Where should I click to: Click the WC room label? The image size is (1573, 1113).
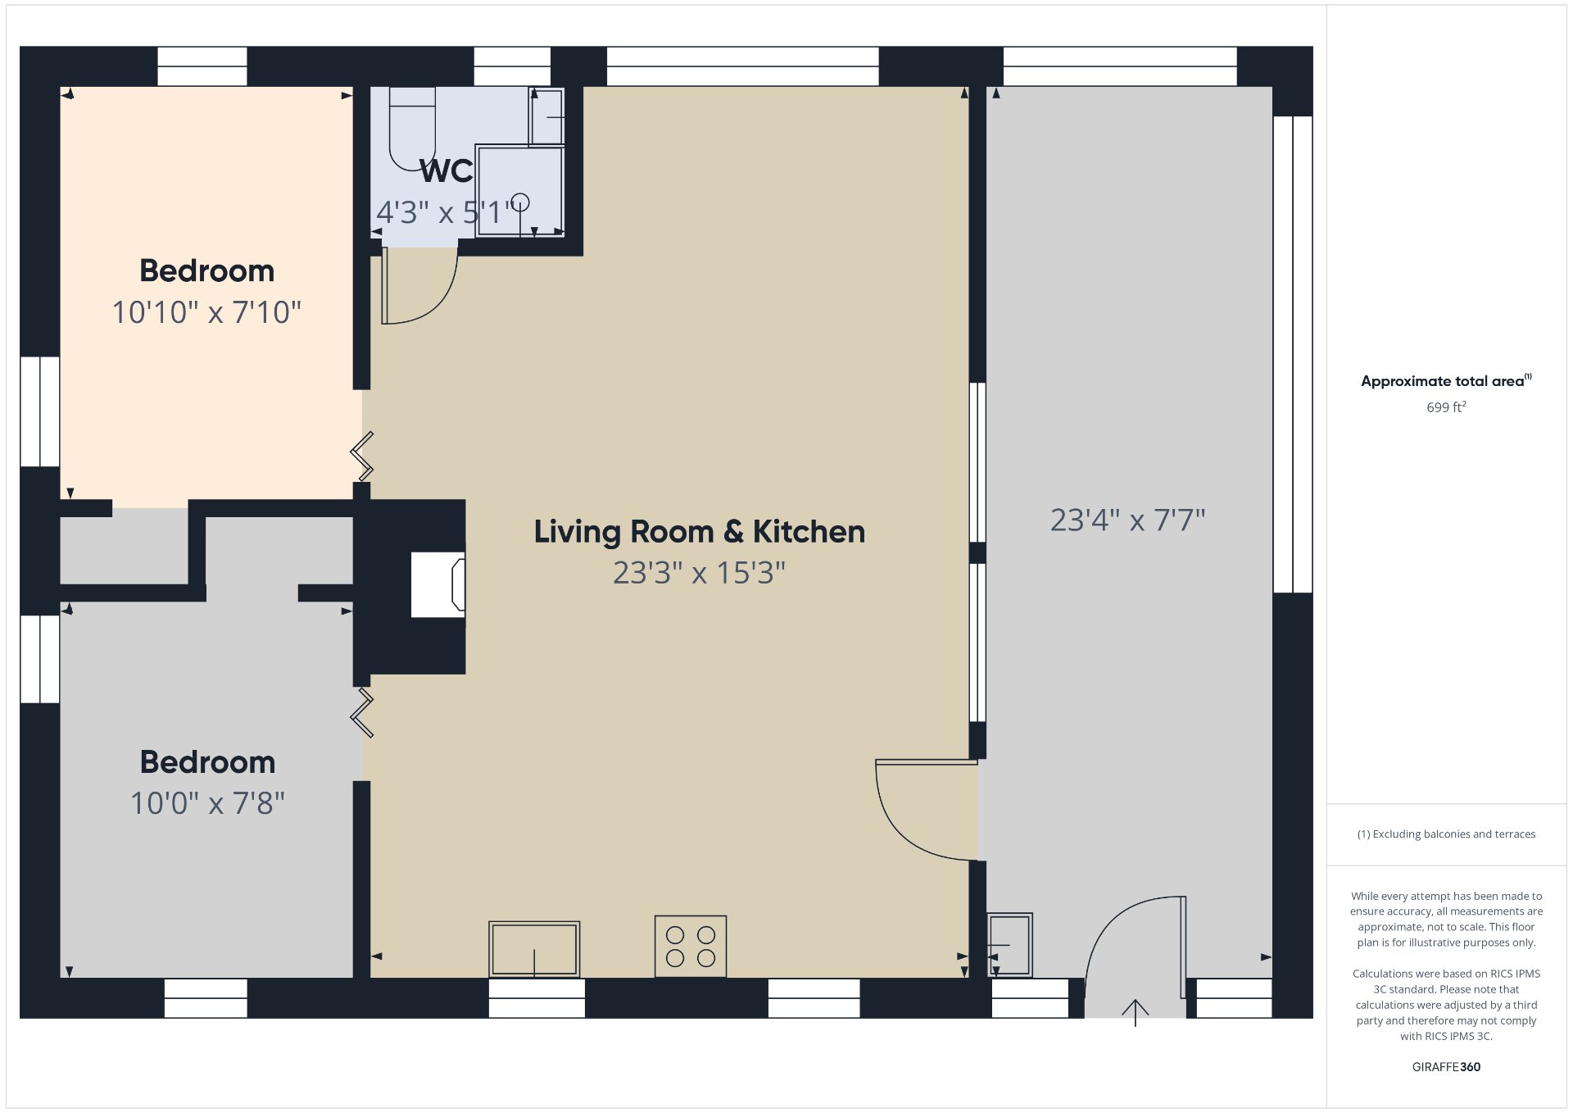click(x=447, y=171)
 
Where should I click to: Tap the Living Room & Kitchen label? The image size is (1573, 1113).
click(x=699, y=531)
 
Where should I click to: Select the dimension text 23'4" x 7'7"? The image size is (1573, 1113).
click(x=1127, y=520)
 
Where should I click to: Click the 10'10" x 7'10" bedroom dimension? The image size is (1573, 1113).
click(x=206, y=312)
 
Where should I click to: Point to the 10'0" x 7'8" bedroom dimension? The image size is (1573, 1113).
click(x=207, y=803)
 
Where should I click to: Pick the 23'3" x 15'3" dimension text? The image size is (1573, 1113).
click(x=699, y=573)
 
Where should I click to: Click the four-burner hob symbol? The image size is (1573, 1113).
click(x=691, y=946)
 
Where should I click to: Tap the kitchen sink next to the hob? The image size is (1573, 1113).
click(x=534, y=949)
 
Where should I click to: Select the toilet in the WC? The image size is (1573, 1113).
click(x=412, y=129)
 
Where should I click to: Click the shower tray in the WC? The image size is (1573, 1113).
click(x=520, y=191)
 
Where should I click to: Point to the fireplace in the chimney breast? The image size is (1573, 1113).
click(x=438, y=584)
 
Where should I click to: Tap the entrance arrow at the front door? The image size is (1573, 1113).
click(x=1135, y=1012)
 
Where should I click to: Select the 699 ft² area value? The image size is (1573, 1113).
click(x=1446, y=407)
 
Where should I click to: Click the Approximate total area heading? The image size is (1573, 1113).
click(x=1446, y=380)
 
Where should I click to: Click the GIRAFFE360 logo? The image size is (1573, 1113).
click(x=1446, y=1067)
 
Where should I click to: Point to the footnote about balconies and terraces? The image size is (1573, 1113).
click(x=1446, y=834)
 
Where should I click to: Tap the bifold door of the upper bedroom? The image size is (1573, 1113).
click(x=362, y=456)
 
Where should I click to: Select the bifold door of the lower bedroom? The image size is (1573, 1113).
click(x=362, y=713)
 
